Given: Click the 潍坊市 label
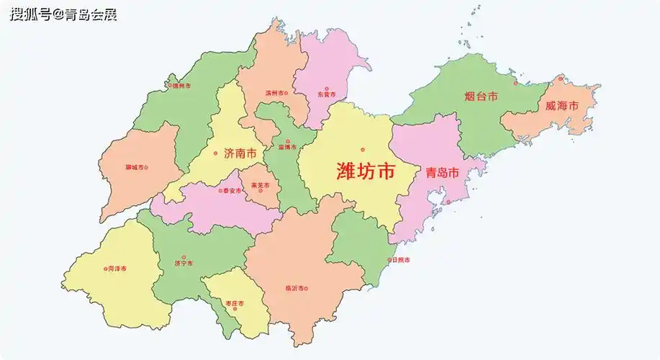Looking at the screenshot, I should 366,171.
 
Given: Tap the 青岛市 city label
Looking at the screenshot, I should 442,173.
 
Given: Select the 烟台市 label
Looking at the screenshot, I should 481,96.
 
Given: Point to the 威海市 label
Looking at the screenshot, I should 561,106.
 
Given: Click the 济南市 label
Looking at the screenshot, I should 240,153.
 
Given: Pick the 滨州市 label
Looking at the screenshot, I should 276,93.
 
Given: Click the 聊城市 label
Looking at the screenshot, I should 134,168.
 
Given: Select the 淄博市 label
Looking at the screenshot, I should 287,147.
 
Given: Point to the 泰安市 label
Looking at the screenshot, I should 232,191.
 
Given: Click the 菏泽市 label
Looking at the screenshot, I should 117,269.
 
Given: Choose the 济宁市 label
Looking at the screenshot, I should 184,264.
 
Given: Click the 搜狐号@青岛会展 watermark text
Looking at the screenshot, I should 63,14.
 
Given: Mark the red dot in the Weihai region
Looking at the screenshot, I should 560,78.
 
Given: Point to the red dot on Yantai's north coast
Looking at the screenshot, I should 515,83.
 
